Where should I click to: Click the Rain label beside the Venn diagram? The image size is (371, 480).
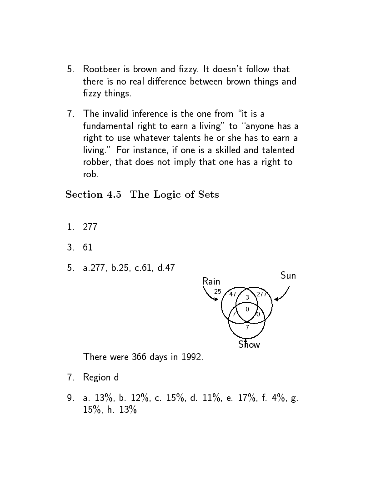211,281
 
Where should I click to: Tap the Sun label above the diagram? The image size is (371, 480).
288,275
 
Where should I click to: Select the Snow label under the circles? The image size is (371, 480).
249,345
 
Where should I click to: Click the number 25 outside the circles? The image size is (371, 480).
217,291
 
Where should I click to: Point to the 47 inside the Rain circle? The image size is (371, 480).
233,294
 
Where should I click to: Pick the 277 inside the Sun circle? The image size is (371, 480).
261,294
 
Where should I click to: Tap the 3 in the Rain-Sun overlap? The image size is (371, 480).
247,297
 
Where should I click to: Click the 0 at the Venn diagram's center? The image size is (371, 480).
247,309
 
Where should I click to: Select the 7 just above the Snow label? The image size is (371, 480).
247,327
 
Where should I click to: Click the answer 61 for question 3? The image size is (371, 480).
88,247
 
